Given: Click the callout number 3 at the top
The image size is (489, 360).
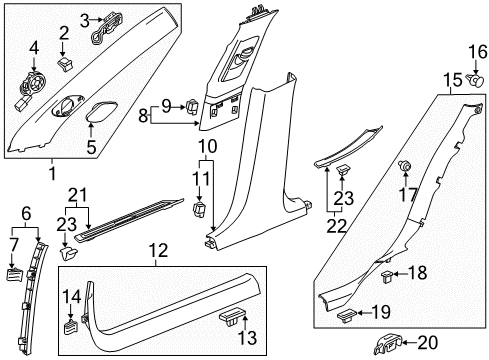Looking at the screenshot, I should click(x=85, y=17).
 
